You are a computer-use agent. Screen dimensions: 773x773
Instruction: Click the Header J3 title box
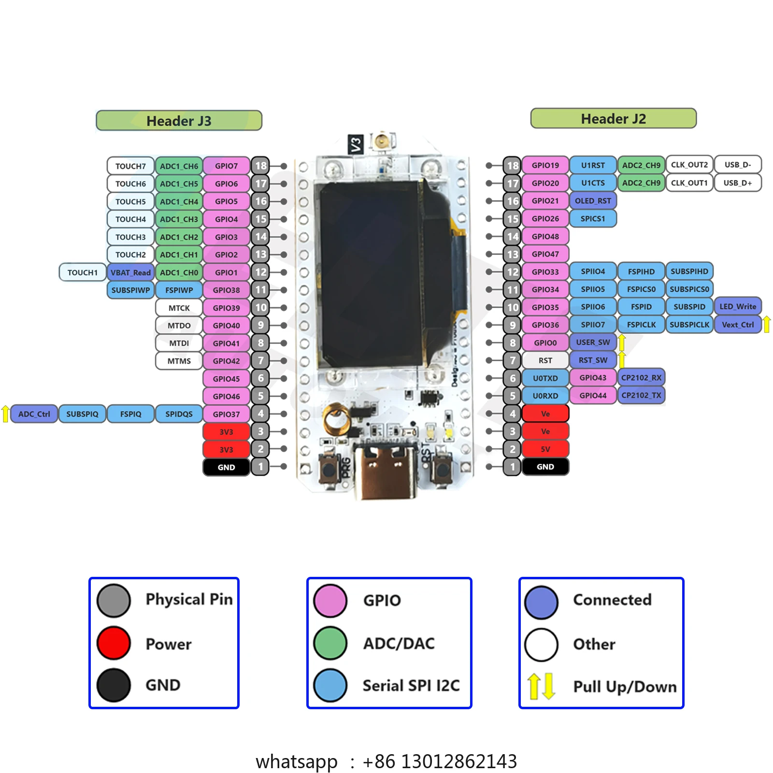pyautogui.click(x=179, y=120)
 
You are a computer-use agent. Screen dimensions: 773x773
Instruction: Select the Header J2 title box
pyautogui.click(x=614, y=118)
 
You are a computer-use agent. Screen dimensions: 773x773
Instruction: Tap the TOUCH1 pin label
pyautogui.click(x=82, y=272)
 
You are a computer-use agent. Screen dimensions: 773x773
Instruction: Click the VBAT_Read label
pyautogui.click(x=130, y=272)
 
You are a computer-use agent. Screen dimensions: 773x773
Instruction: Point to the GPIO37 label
pyautogui.click(x=226, y=414)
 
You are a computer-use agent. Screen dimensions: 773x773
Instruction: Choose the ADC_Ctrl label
pyautogui.click(x=34, y=414)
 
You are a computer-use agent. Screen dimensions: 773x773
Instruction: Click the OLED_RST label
pyautogui.click(x=593, y=200)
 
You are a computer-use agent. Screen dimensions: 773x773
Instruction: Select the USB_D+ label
pyautogui.click(x=738, y=183)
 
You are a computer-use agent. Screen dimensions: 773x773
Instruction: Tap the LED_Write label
pyautogui.click(x=738, y=306)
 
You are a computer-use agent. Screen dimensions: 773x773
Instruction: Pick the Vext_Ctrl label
pyautogui.click(x=738, y=325)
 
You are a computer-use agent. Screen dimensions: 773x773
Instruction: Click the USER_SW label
pyautogui.click(x=593, y=342)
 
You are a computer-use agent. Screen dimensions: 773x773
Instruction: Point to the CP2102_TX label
pyautogui.click(x=641, y=395)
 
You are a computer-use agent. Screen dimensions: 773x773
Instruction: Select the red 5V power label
pyautogui.click(x=545, y=449)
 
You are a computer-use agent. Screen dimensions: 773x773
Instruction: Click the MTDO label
pyautogui.click(x=179, y=326)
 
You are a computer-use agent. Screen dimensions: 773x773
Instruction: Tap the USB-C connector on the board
pyautogui.click(x=385, y=471)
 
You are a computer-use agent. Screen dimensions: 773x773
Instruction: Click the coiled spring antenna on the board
pyautogui.click(x=337, y=418)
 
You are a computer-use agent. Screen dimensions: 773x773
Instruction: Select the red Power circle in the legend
pyautogui.click(x=114, y=643)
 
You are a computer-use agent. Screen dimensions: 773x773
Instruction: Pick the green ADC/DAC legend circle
pyautogui.click(x=330, y=643)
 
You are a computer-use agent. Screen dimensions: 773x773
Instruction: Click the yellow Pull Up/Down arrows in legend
pyautogui.click(x=541, y=686)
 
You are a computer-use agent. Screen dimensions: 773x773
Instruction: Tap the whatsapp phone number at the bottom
pyautogui.click(x=440, y=761)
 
